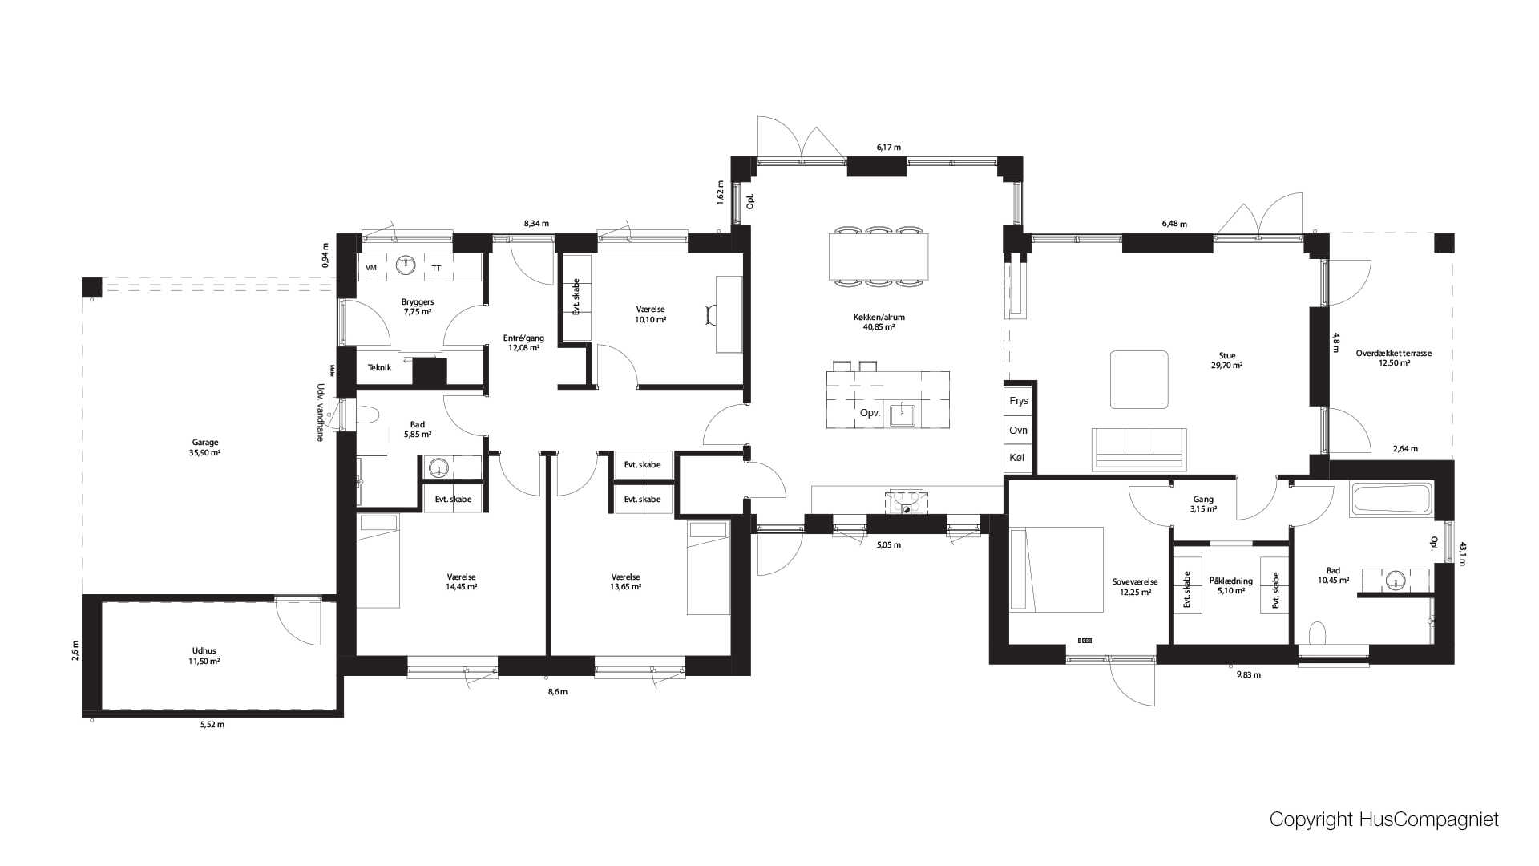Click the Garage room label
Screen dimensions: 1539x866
coord(205,442)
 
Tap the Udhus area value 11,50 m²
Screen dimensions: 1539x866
coord(204,662)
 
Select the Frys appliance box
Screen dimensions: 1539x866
coord(1019,401)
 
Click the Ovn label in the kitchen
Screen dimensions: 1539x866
coord(1018,431)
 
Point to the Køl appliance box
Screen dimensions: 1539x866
coord(1018,457)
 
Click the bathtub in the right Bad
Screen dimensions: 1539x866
coord(1392,499)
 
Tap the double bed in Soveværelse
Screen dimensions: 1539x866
coord(1056,569)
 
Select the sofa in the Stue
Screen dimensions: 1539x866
coord(1139,448)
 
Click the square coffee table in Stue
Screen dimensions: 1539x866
coord(1138,379)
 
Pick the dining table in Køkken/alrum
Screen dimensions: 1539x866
coord(879,256)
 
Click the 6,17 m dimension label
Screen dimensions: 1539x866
coord(888,148)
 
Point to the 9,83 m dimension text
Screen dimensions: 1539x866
coord(1248,675)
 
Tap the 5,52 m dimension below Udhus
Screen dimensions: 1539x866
coord(212,725)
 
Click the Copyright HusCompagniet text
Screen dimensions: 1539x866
coord(1383,819)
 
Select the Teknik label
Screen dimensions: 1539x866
coord(379,368)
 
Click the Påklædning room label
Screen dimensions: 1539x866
coord(1230,581)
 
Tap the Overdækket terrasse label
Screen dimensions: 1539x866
coord(1394,353)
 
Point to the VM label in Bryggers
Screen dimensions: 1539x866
coord(371,268)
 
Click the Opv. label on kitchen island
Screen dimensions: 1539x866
coord(870,413)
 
